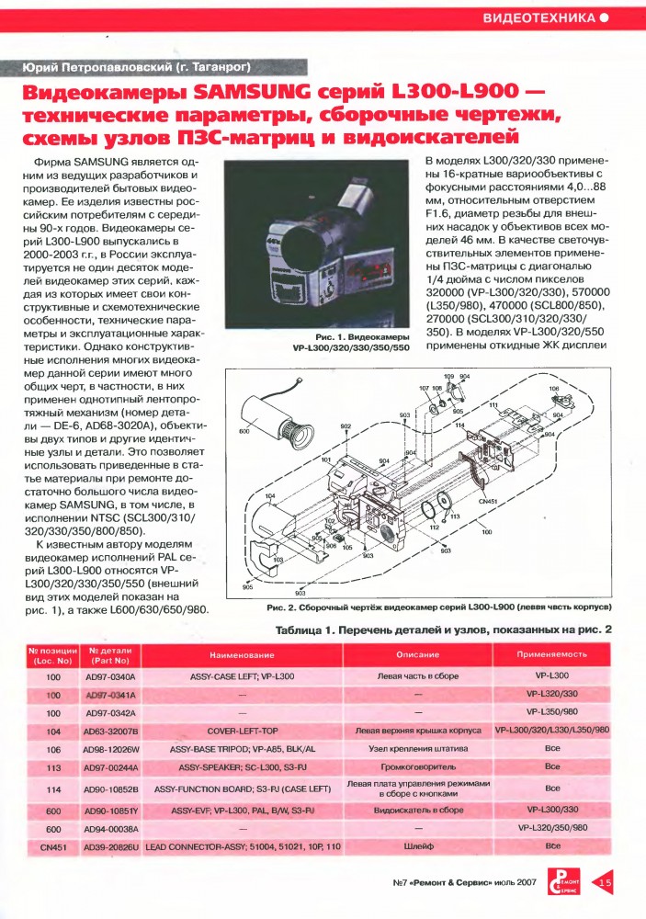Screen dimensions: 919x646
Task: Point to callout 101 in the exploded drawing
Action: pyautogui.click(x=325, y=459)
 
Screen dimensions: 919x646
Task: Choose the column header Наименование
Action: pyautogui.click(x=243, y=654)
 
